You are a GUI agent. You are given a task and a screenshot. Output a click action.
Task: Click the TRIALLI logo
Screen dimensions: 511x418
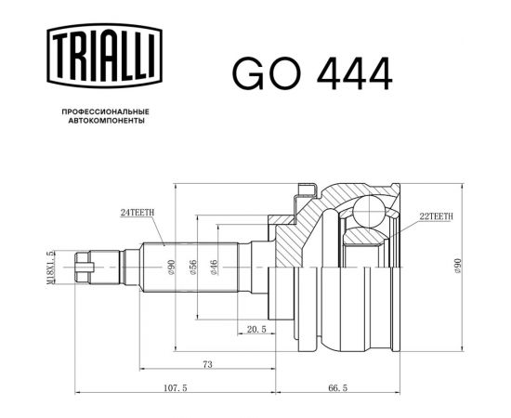[x=105, y=56]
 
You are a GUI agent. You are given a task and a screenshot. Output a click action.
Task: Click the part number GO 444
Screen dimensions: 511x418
[x=312, y=73]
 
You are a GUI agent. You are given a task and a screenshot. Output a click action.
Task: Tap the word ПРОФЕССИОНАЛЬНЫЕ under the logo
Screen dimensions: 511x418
[x=106, y=111]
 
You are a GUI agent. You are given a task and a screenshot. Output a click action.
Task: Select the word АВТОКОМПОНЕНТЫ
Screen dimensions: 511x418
[x=106, y=121]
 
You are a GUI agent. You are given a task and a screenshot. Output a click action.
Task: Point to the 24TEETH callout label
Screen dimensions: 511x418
[x=138, y=213]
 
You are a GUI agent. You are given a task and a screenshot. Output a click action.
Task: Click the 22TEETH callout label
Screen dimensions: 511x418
[x=436, y=216]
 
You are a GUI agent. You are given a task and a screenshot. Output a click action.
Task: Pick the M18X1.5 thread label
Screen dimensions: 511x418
[x=50, y=268]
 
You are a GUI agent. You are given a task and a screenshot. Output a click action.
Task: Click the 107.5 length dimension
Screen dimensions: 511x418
[x=176, y=388]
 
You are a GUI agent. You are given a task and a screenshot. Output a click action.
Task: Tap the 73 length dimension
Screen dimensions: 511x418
[x=207, y=364]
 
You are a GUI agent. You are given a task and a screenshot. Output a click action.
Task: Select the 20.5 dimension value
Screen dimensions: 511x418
[x=256, y=330]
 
